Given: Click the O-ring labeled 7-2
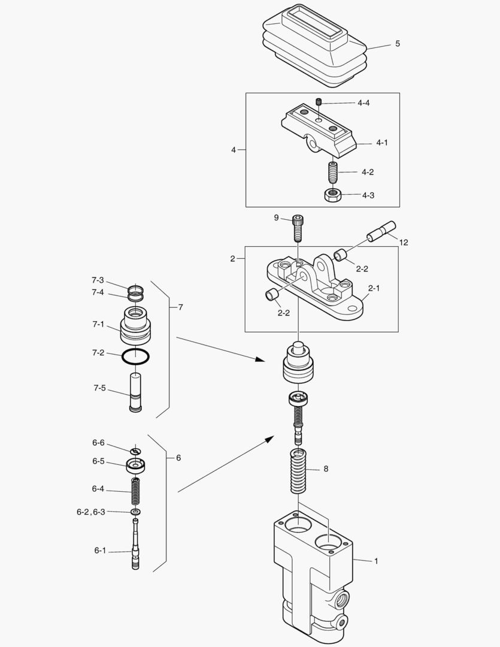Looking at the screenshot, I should pos(135,356).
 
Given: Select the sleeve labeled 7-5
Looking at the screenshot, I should pos(136,392).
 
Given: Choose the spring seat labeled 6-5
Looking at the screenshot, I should pos(137,464).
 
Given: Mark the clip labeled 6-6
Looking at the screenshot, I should pos(137,451).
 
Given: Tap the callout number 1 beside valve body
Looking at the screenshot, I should pos(376,561).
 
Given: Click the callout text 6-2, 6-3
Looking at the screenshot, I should pos(90,512).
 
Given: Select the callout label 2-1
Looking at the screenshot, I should pos(374,288).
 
